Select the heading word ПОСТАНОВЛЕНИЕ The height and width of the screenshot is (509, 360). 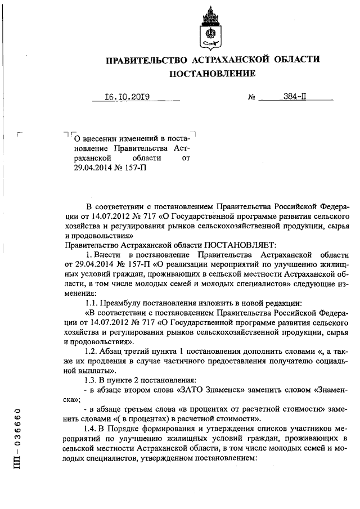[x=212, y=73]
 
